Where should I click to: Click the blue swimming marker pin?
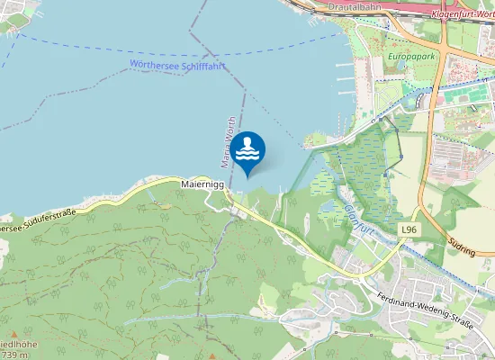click(x=248, y=152)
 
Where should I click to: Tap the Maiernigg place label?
click(x=202, y=184)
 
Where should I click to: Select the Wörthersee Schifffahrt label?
click(x=176, y=65)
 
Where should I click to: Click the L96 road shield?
click(x=409, y=230)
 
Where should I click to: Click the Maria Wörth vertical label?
click(x=228, y=142)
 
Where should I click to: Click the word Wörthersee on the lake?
click(x=151, y=65)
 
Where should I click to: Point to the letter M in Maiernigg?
click(x=184, y=184)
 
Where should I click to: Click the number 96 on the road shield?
click(x=413, y=230)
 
